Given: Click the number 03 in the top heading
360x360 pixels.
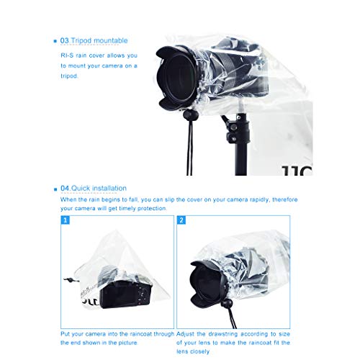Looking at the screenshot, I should [64, 40].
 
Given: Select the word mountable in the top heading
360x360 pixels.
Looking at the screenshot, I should [112, 40].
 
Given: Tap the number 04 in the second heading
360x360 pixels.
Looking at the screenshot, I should [65, 189].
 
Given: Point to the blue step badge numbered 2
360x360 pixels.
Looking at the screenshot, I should [181, 220].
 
